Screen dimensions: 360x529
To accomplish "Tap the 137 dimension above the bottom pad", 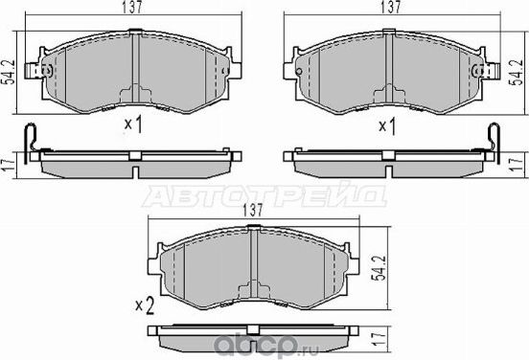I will [x=253, y=210].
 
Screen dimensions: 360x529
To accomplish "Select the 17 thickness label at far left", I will [x=8, y=162].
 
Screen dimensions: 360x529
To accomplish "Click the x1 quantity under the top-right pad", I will [x=387, y=125].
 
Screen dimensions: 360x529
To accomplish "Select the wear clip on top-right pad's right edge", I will [x=494, y=70].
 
